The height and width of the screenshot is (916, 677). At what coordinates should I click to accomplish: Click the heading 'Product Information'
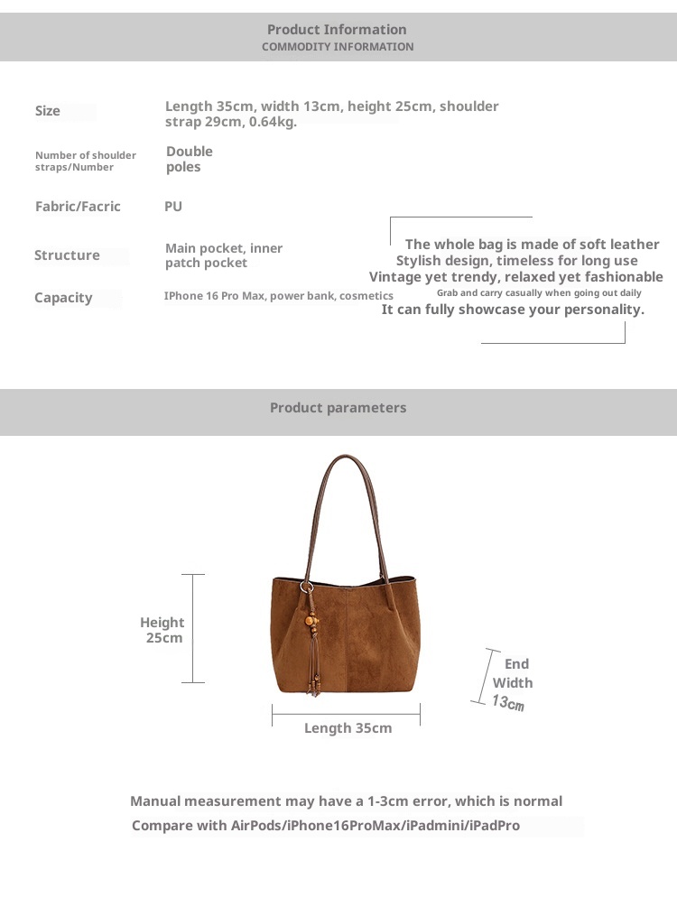coord(337,30)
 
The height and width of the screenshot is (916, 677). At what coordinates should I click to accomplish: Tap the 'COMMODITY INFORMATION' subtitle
coord(338,47)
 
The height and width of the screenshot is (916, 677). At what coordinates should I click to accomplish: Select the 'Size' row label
coord(48,111)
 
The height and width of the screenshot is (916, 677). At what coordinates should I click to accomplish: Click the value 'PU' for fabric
coord(173,207)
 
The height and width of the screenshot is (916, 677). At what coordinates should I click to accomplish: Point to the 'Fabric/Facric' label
coord(78,207)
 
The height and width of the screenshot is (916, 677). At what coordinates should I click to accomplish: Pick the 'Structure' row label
coord(67,255)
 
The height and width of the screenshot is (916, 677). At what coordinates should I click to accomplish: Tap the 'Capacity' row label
coord(63,298)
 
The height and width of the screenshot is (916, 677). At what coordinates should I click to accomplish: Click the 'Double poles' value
coord(190,159)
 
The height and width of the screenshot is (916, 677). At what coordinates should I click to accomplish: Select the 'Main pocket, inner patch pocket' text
coord(224,255)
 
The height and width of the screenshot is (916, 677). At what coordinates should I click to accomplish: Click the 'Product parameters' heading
coord(338,408)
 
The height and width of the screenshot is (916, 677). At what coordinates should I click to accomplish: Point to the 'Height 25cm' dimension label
coord(162,630)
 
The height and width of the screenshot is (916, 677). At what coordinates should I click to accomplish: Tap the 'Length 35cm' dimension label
coord(348,728)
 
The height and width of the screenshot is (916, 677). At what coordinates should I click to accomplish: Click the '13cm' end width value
coord(508,702)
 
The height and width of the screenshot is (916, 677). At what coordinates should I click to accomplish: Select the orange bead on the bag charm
coord(311,623)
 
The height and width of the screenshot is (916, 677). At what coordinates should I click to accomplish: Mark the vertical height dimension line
coord(193,628)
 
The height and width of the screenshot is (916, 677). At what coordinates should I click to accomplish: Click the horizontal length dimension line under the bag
coord(346,715)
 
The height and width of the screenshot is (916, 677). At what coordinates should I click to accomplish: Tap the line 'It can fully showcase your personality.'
coord(513,310)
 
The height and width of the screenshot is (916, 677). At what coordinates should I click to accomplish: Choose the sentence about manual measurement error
coord(346,801)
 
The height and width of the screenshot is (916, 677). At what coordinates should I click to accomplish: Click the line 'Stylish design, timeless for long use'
coord(517,261)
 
